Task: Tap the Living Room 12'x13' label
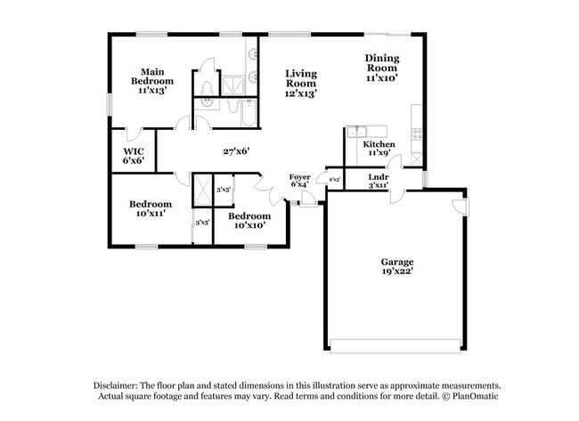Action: point(301,83)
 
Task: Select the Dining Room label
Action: point(381,68)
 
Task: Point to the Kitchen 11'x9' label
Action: point(378,149)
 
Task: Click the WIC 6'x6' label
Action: point(133,157)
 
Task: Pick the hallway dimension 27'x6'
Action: point(235,151)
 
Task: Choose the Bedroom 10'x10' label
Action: point(249,221)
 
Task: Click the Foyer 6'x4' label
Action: point(300,182)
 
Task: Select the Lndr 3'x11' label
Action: point(378,182)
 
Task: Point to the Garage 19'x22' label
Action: point(396,266)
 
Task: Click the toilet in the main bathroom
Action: point(207,87)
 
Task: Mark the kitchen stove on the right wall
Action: point(416,134)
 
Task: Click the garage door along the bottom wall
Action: point(396,345)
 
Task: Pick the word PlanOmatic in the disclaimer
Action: point(473,396)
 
